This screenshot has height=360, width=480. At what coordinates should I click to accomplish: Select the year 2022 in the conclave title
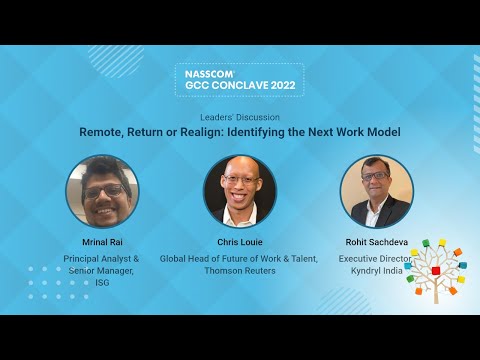tap(283, 85)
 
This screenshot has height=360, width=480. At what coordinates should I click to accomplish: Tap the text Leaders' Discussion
tap(240, 117)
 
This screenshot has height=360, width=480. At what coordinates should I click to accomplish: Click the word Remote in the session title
tap(102, 132)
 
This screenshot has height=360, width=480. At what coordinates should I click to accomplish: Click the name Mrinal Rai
tap(102, 242)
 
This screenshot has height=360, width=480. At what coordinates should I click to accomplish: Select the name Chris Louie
tap(240, 242)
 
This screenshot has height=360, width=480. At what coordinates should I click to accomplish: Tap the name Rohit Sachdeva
tap(377, 242)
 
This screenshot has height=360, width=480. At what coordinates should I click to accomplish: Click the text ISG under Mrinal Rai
tap(102, 283)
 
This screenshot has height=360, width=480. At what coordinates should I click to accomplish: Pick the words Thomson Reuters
tap(240, 271)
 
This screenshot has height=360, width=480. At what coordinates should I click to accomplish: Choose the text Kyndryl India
tap(377, 271)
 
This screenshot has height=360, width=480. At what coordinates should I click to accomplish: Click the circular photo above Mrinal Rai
tap(102, 191)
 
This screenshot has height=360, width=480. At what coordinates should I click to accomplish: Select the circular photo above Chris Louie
tap(240, 191)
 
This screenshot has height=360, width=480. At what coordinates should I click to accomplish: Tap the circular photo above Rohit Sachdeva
tap(377, 191)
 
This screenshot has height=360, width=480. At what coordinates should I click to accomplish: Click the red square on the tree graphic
tap(436, 270)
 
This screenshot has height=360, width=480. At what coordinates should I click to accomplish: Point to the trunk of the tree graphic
tap(436, 292)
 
